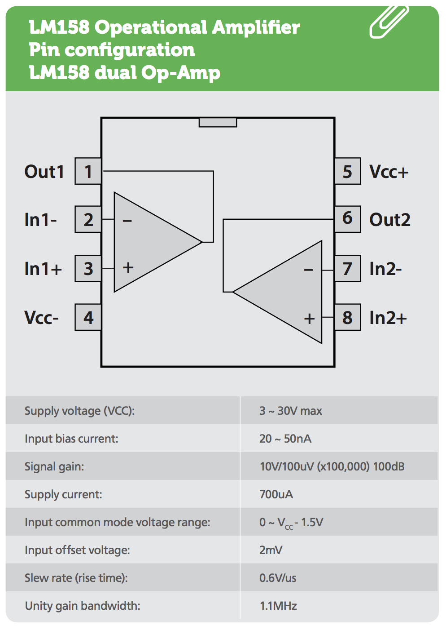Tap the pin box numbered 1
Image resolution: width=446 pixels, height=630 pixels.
point(88,171)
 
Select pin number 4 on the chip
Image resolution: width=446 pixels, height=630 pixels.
point(88,318)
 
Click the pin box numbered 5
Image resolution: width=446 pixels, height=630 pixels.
point(347,171)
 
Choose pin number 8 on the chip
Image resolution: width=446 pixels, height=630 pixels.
point(347,318)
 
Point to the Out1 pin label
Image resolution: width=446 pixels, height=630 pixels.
point(44,172)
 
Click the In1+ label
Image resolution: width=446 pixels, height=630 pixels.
point(43,269)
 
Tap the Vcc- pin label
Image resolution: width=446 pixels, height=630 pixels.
point(41,318)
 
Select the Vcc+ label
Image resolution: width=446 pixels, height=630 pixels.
point(389,172)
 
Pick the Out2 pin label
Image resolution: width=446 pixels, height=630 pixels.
point(389,220)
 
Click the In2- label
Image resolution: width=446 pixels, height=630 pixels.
point(385,269)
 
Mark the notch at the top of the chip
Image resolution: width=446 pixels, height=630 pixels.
point(218,122)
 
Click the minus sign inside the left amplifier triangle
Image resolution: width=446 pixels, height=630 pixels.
point(127,221)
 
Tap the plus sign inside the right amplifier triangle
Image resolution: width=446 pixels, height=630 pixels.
point(309,319)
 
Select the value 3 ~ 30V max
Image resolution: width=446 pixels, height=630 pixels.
point(291,411)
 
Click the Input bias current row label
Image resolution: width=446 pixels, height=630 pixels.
point(71,439)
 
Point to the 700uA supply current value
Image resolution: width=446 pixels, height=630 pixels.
point(276,494)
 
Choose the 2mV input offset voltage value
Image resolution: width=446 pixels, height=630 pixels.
point(271,550)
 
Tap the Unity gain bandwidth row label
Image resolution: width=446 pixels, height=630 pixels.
point(83,606)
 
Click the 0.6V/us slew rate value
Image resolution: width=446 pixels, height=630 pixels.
point(278,578)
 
